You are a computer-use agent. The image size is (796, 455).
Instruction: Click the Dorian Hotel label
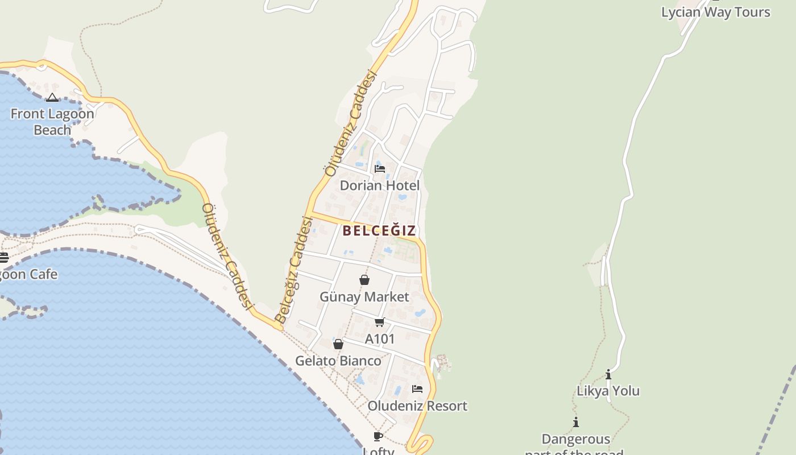379,185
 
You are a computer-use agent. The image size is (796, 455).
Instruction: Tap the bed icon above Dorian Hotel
380,169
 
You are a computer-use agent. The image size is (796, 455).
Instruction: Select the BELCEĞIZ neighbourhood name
379,230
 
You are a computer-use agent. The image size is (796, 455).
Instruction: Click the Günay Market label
364,297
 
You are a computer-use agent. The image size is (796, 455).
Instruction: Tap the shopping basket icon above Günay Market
364,280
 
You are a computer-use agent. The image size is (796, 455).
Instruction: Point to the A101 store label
380,339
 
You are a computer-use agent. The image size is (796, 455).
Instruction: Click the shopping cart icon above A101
380,322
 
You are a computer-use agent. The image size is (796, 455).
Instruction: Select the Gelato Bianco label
338,361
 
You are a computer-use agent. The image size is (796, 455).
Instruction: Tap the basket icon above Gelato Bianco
338,344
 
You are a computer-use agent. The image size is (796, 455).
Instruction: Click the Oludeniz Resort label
417,406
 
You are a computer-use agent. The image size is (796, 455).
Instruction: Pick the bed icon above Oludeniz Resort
417,389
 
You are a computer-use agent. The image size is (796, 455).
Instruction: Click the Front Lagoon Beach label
52,122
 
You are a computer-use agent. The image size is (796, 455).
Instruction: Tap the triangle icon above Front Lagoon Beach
52,98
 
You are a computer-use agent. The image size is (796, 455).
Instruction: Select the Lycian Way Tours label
715,12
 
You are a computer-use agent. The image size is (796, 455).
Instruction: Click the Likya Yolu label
608,391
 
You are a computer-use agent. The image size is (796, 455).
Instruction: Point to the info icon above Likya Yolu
608,374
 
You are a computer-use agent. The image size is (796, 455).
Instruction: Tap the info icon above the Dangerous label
576,422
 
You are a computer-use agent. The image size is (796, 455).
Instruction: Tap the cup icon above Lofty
378,436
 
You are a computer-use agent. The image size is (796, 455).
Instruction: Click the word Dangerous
575,439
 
